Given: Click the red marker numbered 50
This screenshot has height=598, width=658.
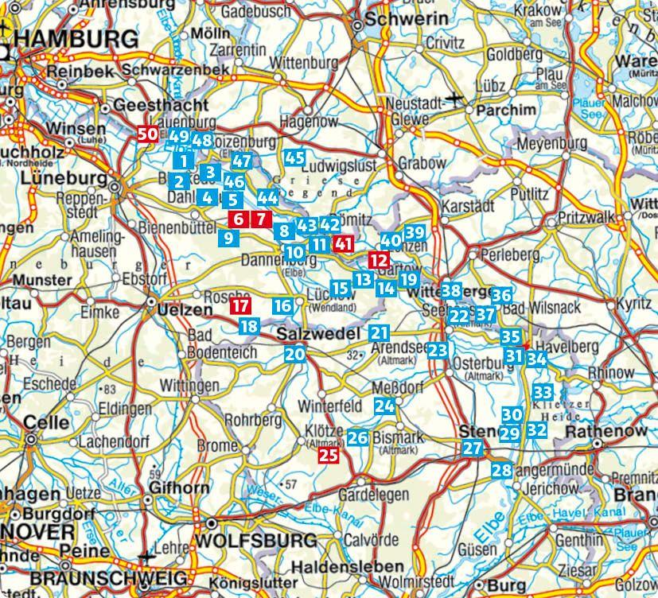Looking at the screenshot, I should [x=146, y=134].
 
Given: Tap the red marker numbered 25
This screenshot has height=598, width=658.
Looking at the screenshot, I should [x=329, y=456].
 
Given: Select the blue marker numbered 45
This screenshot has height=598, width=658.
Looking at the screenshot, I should [x=294, y=157].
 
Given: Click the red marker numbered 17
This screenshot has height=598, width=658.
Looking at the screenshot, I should [x=239, y=305].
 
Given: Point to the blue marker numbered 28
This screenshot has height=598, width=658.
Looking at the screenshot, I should [x=501, y=470].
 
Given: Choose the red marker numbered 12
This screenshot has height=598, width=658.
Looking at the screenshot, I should [x=379, y=260].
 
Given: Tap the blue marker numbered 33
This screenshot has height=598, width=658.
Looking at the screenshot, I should [x=543, y=392].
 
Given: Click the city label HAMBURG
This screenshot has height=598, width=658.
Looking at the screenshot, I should [x=70, y=40].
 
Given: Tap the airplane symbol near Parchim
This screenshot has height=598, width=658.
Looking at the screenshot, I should [x=456, y=99].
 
